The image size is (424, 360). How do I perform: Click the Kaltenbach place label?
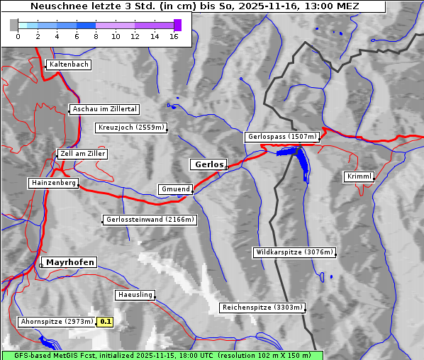point(69,64)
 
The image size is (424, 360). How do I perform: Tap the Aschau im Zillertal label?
point(105,109)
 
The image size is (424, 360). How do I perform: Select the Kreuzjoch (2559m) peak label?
point(131,128)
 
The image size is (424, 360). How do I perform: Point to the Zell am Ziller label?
point(83,154)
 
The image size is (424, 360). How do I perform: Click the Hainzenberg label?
point(53,183)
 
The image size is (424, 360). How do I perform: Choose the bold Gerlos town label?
point(208,164)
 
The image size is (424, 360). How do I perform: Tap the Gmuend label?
point(175,189)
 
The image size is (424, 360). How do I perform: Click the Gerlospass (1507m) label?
point(282,137)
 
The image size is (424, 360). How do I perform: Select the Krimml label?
point(359,176)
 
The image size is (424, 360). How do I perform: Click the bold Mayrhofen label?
point(70,262)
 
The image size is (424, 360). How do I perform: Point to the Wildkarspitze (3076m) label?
point(294,252)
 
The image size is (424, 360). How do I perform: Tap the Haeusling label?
point(134,294)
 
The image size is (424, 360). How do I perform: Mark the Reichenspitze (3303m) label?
point(262,308)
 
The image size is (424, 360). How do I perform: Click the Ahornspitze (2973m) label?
point(57,322)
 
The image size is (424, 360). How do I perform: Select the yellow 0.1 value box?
point(106,322)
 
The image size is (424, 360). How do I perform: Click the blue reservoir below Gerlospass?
point(301,159)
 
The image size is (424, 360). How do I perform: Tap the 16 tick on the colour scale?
point(174,36)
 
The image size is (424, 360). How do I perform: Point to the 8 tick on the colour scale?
point(96,36)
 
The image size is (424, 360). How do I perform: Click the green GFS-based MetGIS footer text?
point(162,355)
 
